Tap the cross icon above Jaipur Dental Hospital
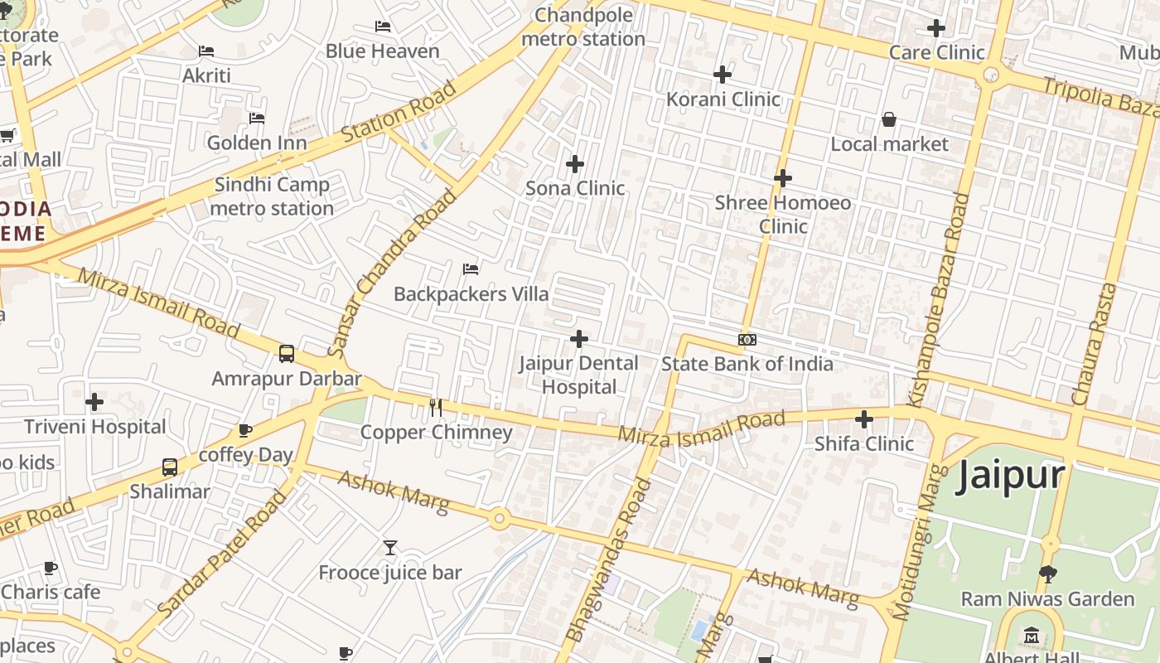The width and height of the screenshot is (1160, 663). pos(579,338)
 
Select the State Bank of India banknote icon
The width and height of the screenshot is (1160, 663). pos(747,340)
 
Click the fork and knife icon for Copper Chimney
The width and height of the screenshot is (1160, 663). pos(436,407)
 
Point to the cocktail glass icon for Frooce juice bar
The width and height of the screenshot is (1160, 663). pos(390,547)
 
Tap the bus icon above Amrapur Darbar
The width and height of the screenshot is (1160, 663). pos(286,354)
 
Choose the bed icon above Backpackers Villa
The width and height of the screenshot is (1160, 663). pos(471,269)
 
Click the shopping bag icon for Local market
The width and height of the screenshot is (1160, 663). pos(889,119)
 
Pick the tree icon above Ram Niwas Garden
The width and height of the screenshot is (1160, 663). pos(1047,573)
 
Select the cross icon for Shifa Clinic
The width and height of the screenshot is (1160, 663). pos(864,419)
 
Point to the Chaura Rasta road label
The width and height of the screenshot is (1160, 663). pos(1095,344)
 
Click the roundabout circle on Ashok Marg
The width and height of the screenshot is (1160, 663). pos(499,520)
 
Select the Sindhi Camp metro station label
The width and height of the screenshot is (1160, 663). pos(272,196)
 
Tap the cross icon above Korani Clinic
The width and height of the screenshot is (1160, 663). pos(723,75)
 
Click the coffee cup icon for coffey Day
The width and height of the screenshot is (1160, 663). pos(244,430)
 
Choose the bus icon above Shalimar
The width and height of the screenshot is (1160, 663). pos(170,467)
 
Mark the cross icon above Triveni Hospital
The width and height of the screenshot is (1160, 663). pos(94,402)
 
